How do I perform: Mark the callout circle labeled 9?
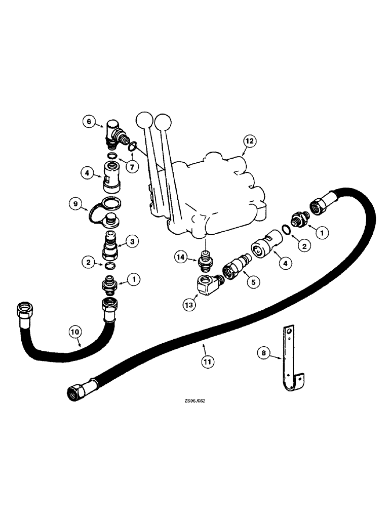77,204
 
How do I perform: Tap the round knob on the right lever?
162,122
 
